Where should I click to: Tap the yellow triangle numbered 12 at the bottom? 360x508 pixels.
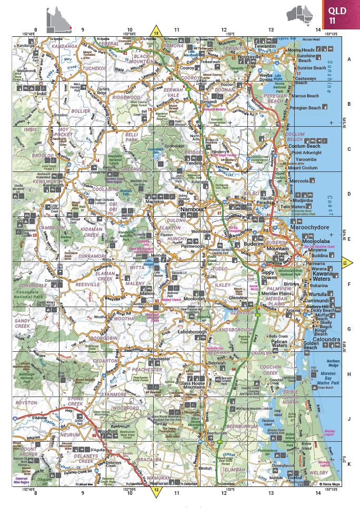[x=156, y=491]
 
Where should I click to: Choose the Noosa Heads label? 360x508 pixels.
[x=301, y=50]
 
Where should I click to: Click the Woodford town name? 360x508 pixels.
[x=107, y=431]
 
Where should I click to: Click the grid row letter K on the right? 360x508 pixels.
[x=348, y=463]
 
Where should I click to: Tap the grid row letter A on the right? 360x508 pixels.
[x=348, y=59]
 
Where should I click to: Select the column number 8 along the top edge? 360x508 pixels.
[x=36, y=30]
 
